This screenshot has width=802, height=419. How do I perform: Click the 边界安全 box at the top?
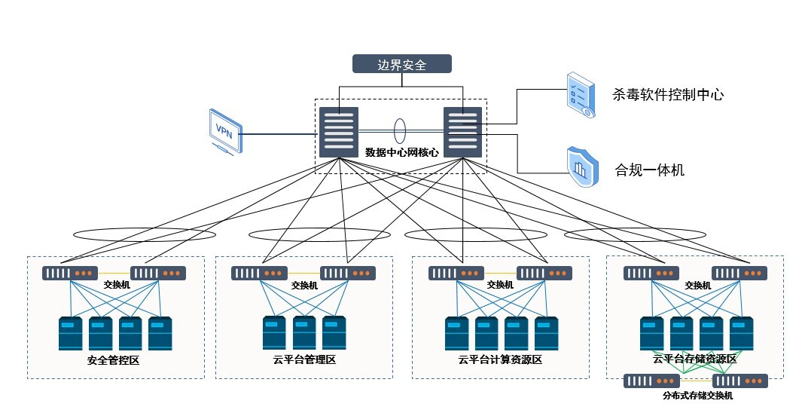(x=402, y=64)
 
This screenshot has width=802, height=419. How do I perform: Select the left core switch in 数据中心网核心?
(x=339, y=132)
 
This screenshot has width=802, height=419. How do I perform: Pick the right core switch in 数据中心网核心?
(x=462, y=132)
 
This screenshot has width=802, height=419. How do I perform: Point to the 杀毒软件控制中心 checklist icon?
(x=580, y=95)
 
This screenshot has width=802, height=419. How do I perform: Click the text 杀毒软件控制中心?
(x=668, y=96)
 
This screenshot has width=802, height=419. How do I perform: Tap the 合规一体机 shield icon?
(x=581, y=165)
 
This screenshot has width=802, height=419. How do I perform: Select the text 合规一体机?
(x=649, y=170)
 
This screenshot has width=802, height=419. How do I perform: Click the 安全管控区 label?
(x=114, y=360)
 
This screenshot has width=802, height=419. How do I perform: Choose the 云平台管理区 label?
(x=303, y=359)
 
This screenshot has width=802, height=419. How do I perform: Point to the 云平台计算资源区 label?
(x=499, y=359)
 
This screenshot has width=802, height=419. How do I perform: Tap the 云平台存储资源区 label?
(x=694, y=359)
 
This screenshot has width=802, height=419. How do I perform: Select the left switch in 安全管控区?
(x=70, y=274)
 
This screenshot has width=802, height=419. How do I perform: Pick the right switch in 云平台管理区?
(x=348, y=274)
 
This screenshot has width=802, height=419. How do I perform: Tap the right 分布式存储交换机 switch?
(x=740, y=381)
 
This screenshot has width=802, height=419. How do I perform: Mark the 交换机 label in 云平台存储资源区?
(x=697, y=286)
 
